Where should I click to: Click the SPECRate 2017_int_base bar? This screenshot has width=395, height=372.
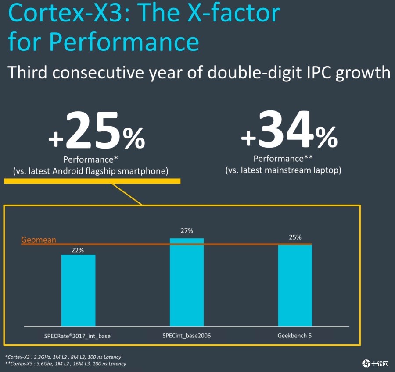coord(78,290)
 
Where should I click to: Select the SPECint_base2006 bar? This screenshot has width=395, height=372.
coord(187,283)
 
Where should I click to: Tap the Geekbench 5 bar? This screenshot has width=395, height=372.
coord(295,285)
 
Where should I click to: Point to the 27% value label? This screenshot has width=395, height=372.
coord(187,231)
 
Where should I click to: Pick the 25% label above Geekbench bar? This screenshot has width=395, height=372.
coord(295,237)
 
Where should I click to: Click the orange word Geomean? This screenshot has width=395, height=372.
coord(39,240)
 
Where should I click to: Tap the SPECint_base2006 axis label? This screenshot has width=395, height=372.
coord(187,336)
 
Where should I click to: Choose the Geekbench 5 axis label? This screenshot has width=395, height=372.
coord(295,336)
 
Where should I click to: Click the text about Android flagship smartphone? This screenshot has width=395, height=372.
coord(91,171)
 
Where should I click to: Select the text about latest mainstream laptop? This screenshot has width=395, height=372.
coord(283,170)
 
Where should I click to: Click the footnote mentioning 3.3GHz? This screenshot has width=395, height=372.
coord(63,357)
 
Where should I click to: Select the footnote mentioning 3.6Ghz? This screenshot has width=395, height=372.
coord(65,364)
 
